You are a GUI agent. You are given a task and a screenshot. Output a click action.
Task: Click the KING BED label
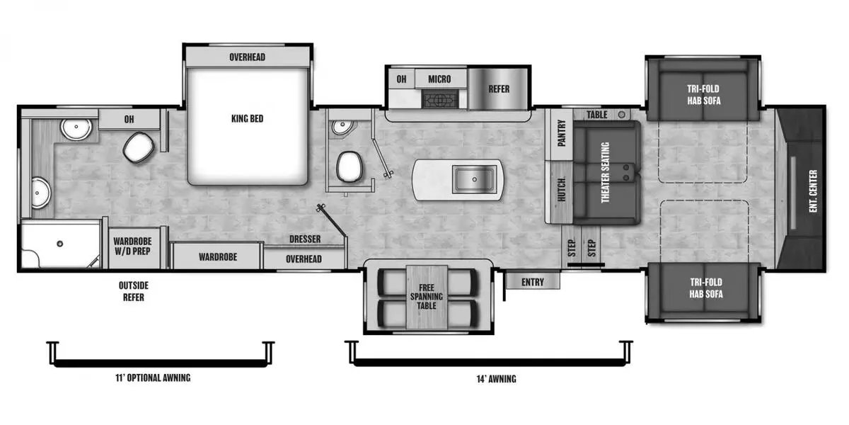click(x=247, y=119)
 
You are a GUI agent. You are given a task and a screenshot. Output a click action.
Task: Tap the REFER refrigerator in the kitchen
click(x=498, y=89)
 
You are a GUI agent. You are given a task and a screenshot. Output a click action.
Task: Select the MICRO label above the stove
click(x=439, y=79)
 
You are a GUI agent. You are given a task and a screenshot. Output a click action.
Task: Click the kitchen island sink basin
click(x=474, y=179)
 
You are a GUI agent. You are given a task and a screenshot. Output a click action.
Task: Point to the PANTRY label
click(x=562, y=133)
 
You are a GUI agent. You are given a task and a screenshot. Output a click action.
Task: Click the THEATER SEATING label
click(x=606, y=173)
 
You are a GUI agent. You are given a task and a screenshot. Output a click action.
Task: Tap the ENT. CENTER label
click(x=813, y=191)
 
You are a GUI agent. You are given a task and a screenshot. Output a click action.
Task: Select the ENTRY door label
click(x=533, y=282)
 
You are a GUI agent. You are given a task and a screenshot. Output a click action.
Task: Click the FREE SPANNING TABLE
click(x=427, y=297)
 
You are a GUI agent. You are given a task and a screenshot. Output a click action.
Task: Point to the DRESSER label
click(x=305, y=239)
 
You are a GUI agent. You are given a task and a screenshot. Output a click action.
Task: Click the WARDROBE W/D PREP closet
click(x=133, y=247)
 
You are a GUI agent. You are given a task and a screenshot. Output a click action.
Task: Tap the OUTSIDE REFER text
click(x=134, y=291)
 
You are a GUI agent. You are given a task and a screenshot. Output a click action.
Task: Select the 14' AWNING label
click(x=496, y=379)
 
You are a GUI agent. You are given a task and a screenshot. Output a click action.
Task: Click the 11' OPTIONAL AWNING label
click(x=153, y=378)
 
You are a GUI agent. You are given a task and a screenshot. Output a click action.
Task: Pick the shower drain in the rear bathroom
click(x=60, y=244)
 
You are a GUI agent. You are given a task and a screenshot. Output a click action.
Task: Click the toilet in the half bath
click(x=350, y=167)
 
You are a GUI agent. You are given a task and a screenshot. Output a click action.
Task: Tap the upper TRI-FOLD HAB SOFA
click(x=703, y=91)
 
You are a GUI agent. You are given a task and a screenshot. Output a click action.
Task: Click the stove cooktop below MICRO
click(x=440, y=99)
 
